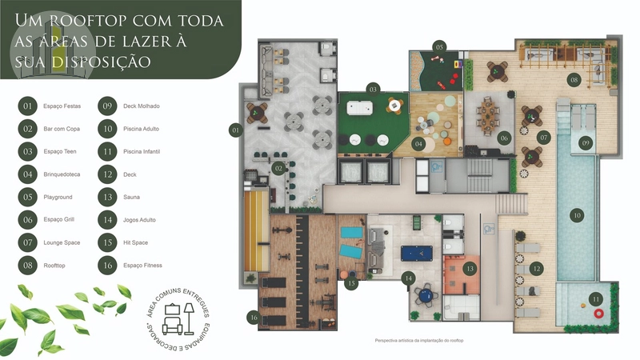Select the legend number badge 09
[106, 106]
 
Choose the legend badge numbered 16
[106, 265]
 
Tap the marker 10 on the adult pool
[576, 214]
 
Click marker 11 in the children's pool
[594, 299]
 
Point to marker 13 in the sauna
[470, 268]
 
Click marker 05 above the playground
[439, 47]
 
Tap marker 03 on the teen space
[373, 89]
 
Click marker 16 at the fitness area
[254, 318]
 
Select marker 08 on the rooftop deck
[574, 80]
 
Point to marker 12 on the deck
[537, 269]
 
